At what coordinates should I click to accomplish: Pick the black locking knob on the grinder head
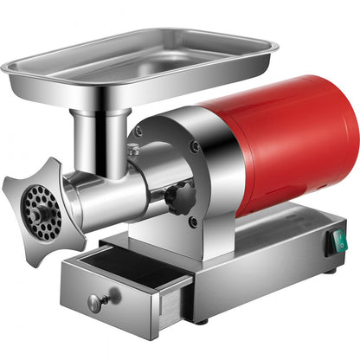[x=176, y=200]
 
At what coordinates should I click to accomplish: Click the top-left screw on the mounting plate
[x=139, y=132]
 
